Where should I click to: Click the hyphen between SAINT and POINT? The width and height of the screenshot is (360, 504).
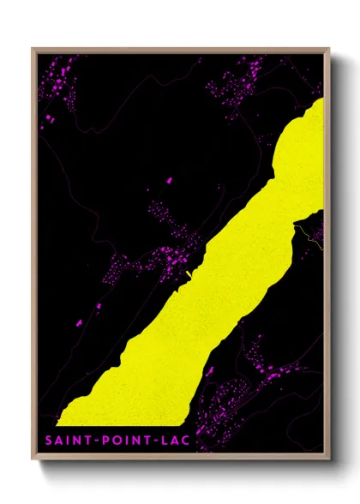tap(93, 441)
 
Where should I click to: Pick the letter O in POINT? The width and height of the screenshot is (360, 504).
tap(113, 441)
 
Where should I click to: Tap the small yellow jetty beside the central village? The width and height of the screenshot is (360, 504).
tap(188, 274)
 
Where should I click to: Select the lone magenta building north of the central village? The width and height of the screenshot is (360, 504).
tap(169, 181)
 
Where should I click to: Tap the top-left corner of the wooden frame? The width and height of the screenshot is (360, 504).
tap(33, 49)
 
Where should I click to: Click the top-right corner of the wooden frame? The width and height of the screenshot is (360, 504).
tap(329, 49)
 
